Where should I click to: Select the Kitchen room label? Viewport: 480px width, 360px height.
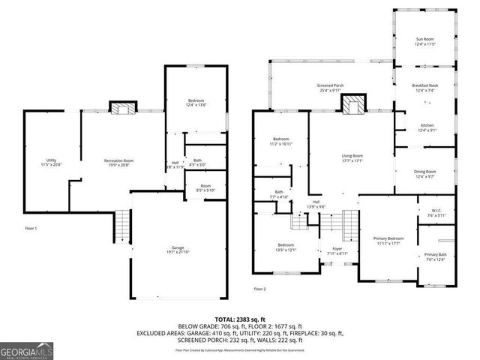(427, 127)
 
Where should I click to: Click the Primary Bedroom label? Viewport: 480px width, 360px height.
(388, 240)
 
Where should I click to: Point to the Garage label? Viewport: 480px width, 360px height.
(178, 249)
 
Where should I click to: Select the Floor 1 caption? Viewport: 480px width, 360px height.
(31, 227)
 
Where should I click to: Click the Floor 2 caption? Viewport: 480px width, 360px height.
(259, 289)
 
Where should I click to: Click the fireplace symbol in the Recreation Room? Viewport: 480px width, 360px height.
(124, 107)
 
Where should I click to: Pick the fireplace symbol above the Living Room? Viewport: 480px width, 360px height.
(352, 105)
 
